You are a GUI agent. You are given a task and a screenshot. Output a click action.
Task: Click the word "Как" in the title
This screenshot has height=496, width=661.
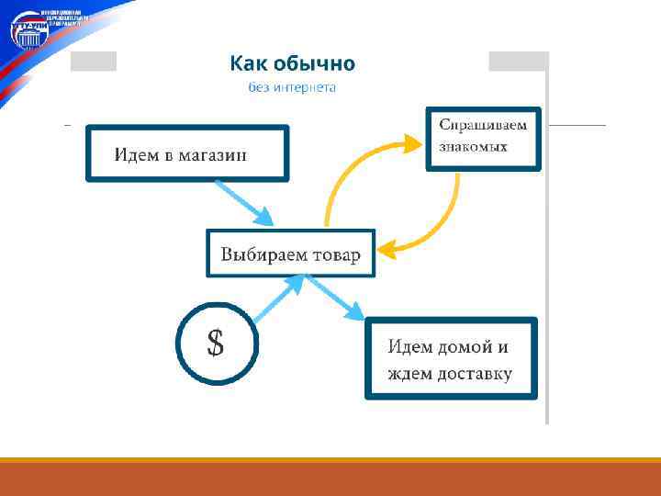click(250, 63)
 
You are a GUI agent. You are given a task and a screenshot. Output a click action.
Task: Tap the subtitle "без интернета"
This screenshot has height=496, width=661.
click(292, 87)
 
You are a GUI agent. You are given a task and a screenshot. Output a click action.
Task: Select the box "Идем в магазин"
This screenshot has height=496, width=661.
click(187, 152)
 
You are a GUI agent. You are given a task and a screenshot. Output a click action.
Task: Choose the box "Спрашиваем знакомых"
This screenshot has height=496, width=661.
click(483, 138)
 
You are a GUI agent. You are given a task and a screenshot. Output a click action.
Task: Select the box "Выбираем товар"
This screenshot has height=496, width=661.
click(290, 253)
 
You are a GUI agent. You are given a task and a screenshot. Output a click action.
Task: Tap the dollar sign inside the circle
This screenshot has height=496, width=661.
click(216, 343)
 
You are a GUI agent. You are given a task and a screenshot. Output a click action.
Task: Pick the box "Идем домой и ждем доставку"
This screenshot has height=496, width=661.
click(450, 357)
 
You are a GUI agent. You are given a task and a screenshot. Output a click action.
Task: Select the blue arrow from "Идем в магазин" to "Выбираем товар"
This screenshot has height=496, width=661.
click(243, 201)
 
